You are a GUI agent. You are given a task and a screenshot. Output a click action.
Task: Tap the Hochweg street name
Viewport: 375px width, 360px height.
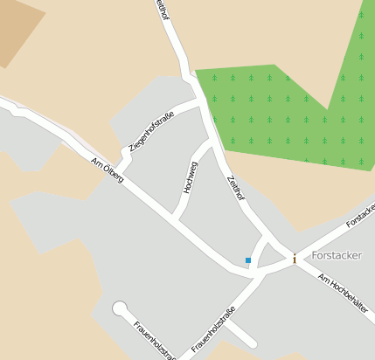click(x=190, y=177)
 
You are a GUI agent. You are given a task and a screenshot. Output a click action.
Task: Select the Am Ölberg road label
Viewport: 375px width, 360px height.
click(x=107, y=170)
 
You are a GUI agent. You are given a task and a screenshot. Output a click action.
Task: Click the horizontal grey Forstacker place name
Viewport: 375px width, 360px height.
click(x=336, y=256)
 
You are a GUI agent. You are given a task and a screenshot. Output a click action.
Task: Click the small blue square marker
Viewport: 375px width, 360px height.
click(x=248, y=260)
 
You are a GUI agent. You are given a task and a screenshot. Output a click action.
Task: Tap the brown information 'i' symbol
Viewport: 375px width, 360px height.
click(x=295, y=259)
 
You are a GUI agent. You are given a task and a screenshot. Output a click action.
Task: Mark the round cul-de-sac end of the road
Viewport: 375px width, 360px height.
click(x=120, y=308)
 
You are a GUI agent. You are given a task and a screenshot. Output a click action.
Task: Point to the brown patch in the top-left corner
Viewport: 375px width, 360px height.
click(x=17, y=26)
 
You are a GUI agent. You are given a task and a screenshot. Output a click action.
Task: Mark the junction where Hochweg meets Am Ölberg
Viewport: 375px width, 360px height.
click(x=174, y=218)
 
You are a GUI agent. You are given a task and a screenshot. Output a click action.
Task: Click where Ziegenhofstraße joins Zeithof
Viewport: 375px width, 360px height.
click(x=199, y=104)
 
